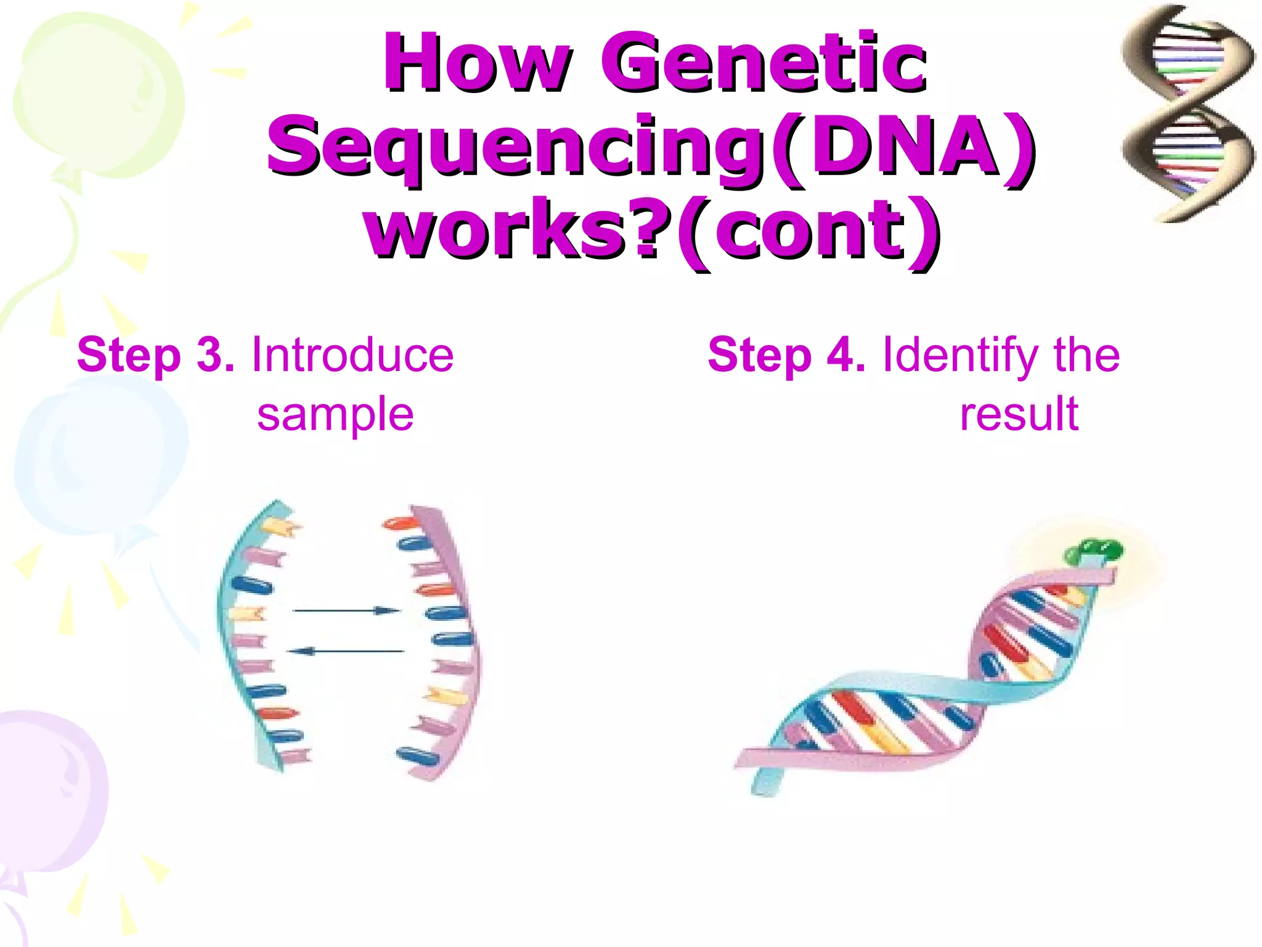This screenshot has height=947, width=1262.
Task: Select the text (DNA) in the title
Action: pos(903,147)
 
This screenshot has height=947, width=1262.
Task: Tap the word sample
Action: pos(335,414)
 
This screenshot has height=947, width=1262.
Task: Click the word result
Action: pos(1019,414)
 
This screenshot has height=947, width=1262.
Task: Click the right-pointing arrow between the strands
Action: pos(346,610)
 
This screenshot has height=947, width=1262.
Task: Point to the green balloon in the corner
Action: pos(99,92)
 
